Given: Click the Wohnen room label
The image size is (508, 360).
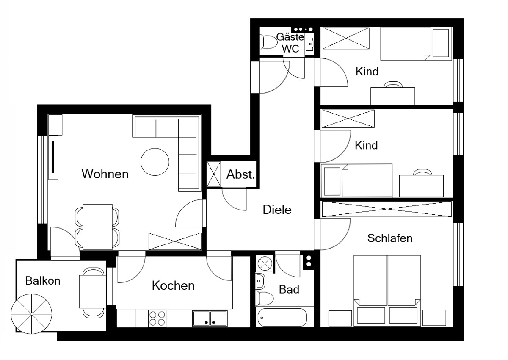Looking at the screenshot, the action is point(105,174).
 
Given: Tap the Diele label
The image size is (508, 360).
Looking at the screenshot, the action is point(277,210).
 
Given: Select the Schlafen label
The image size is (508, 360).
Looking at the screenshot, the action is point(390,238).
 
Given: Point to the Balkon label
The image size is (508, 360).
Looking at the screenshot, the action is point(43,281).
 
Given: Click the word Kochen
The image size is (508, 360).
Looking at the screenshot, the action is point(173,285).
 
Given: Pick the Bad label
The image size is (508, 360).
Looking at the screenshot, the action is point(289,289).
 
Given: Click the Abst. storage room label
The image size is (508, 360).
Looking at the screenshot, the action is point(241,174).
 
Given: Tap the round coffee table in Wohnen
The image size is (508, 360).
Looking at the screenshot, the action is point(155,162).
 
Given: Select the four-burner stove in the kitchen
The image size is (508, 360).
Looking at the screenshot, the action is point(157,318).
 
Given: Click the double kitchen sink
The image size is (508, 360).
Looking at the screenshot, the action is point(210,318).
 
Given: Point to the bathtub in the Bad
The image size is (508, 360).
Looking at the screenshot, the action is point(282,317).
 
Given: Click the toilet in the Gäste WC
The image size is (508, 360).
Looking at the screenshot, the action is point(268,42).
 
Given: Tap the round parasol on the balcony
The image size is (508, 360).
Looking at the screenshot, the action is point(31,314).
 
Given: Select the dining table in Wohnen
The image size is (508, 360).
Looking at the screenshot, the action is point(97,227).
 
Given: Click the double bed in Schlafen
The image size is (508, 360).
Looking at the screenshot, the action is point(387,291).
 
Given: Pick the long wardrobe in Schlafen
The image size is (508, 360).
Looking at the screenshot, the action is point(387,209).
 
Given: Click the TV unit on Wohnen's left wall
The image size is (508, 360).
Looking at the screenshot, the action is point(53,158).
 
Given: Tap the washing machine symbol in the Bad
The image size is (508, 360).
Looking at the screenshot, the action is point(265,264).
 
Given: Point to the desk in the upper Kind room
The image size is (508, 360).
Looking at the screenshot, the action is point(393,96).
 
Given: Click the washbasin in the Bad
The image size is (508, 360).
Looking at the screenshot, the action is point(260,281).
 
